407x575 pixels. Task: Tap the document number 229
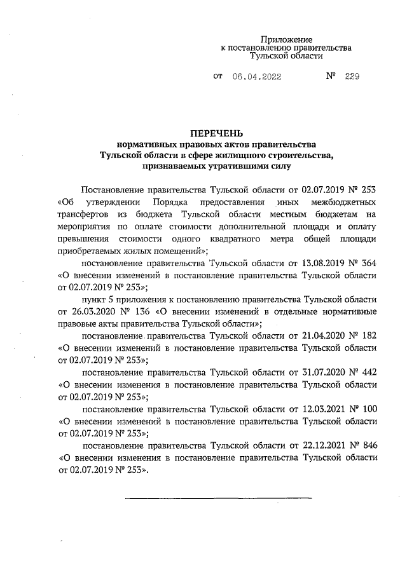click(352, 76)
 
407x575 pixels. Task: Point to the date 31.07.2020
click(322, 372)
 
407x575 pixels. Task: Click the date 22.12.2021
click(322, 445)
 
